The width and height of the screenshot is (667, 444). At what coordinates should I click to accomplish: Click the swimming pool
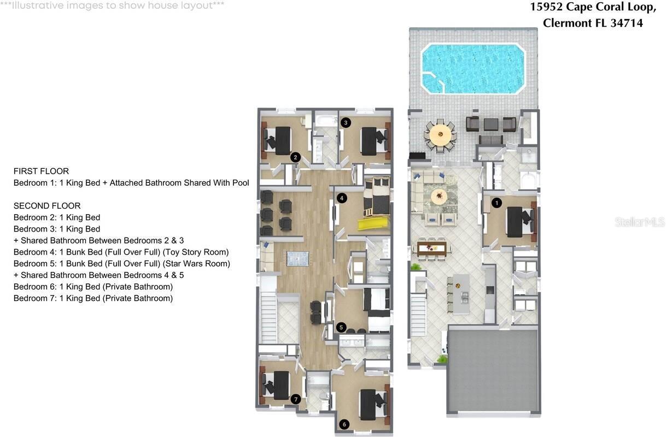473,69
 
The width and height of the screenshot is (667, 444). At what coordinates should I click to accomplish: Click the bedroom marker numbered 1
496,203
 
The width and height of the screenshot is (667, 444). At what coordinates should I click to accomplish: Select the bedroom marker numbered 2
295,157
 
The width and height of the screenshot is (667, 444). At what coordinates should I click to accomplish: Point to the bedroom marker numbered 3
346,122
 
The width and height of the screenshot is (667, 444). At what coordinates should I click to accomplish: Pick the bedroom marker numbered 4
342,198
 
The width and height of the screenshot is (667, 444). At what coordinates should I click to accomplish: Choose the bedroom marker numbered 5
341,327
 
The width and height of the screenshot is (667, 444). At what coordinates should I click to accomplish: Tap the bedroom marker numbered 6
344,424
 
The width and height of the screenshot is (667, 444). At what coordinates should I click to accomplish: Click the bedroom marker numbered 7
296,399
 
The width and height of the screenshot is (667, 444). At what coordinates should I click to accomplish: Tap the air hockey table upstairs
297,258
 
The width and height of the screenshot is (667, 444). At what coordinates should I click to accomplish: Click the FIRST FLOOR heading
41,171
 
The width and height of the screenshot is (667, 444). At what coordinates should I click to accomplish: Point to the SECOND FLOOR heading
47,206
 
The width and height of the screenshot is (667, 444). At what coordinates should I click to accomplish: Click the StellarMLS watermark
639,222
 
